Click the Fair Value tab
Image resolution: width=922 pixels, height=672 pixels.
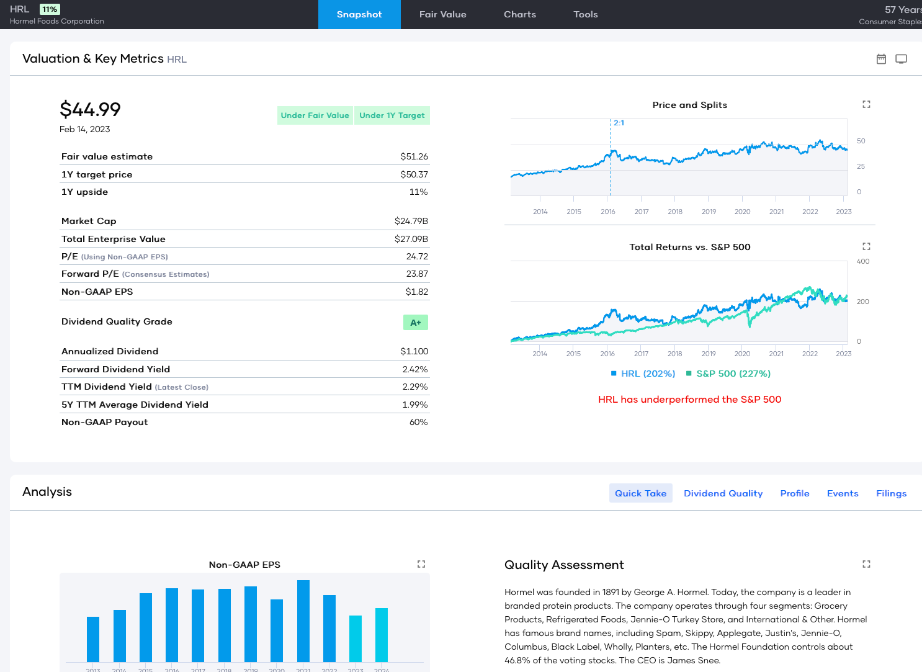442,14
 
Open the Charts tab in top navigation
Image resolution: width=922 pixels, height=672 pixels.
519,14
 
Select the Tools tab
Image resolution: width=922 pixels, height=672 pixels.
585,14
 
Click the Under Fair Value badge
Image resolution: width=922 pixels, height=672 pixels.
315,115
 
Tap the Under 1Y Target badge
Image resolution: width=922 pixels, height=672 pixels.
392,115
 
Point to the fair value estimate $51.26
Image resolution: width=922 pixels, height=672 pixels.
414,156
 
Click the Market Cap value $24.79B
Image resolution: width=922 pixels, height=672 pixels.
411,221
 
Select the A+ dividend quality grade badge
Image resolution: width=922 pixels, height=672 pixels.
415,323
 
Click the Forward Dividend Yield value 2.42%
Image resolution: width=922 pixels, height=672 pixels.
414,369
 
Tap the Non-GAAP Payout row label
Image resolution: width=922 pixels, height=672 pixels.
104,422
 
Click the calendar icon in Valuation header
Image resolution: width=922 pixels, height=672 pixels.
881,59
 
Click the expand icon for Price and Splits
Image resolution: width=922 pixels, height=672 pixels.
866,104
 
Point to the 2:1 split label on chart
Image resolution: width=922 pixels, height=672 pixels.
619,123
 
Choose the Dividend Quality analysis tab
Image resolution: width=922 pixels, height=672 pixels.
723,493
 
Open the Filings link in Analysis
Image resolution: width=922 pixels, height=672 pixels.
891,493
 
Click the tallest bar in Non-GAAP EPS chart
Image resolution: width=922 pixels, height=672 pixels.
303,620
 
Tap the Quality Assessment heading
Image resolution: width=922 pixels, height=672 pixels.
564,565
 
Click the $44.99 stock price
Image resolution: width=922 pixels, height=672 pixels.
90,110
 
